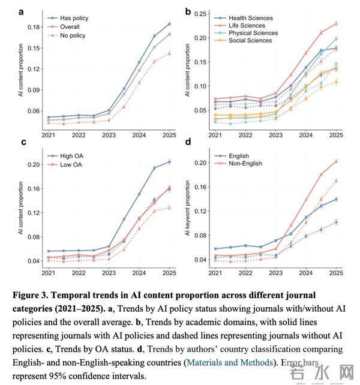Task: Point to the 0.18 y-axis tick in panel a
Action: (x=34, y=27)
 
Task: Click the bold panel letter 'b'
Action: (x=188, y=11)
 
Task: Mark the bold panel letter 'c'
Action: (x=23, y=143)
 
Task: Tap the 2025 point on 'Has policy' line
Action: (x=169, y=24)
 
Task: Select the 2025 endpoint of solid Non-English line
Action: (x=335, y=161)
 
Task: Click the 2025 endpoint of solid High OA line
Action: (x=169, y=162)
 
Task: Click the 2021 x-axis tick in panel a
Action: (x=48, y=136)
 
